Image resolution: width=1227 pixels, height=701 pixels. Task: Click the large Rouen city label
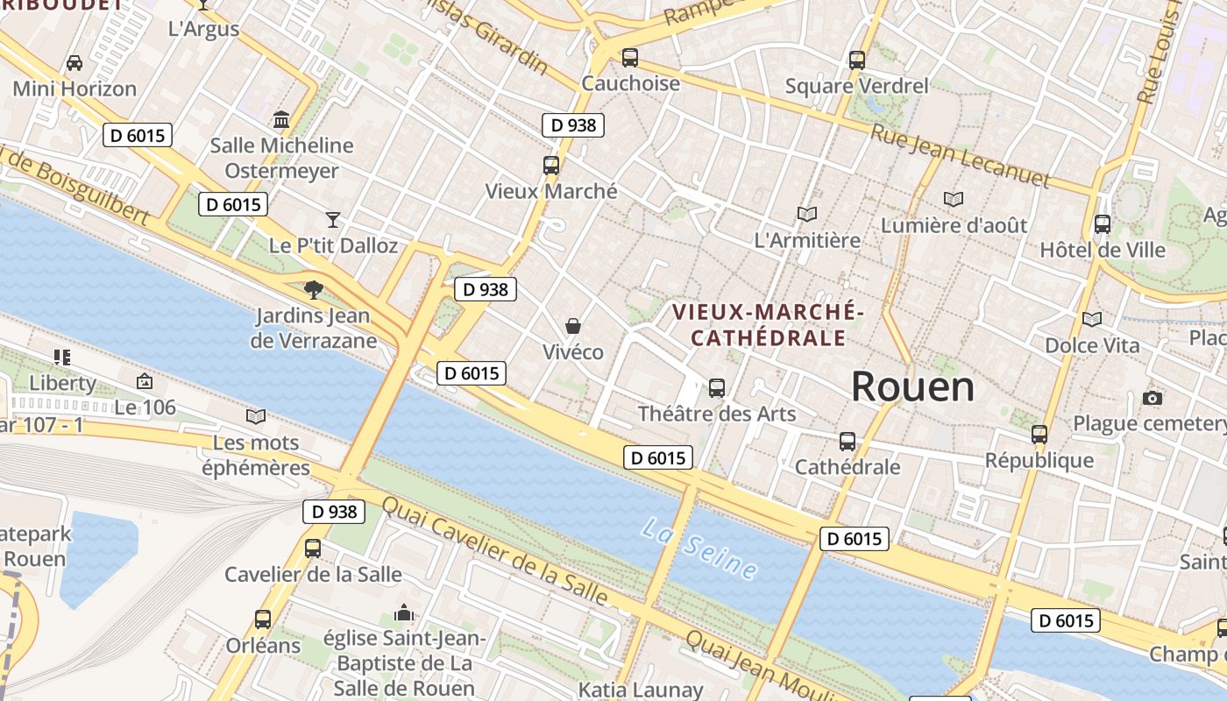912,386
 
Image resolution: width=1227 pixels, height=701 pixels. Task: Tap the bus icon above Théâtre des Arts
717,387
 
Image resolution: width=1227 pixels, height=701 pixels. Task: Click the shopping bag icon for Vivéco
573,326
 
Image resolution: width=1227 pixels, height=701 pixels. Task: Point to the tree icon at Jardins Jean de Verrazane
313,289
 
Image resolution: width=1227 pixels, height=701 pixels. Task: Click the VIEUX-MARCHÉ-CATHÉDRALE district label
768,325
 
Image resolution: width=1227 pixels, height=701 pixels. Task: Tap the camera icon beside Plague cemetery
1153,399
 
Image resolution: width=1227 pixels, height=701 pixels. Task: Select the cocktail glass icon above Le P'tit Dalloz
333,219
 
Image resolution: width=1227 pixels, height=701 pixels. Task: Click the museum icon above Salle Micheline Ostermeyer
281,119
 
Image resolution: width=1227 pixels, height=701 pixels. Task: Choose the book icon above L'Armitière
807,214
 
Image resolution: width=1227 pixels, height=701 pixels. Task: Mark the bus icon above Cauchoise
630,58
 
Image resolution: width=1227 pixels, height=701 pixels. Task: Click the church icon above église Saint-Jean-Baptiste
404,612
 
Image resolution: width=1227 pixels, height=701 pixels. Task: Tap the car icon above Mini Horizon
74,63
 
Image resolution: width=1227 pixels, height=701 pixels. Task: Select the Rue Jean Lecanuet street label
960,157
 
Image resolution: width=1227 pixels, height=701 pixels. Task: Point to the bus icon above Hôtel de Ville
1103,224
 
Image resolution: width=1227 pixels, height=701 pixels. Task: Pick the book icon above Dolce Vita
1092,319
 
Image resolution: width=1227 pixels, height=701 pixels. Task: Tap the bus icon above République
1039,435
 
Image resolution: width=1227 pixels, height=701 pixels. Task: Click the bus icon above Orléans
263,620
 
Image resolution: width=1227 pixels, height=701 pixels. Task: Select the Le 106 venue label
145,407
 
